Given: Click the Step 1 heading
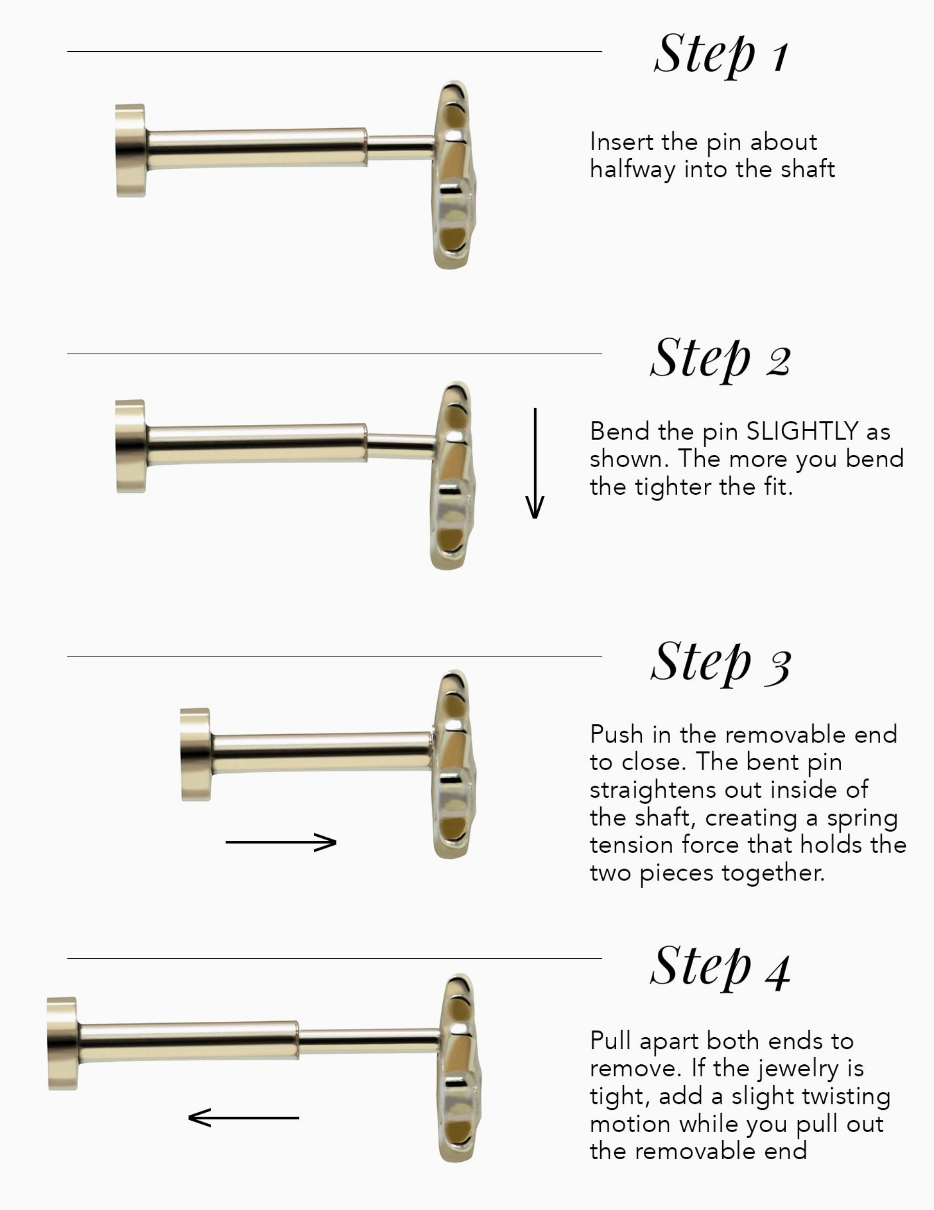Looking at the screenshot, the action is coord(721,55).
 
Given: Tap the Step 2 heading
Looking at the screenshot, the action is coord(720,358).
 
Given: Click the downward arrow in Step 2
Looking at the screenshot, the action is coord(535,463).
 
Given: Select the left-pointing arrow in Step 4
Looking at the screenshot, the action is coord(243,1118).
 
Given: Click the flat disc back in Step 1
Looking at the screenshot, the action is coord(131,150).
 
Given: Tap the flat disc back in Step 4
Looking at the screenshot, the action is coord(63,1044).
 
